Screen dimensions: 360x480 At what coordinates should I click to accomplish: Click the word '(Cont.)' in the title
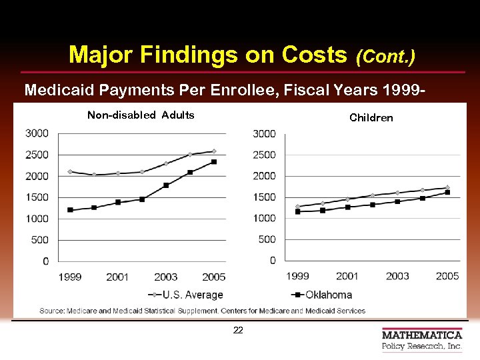[385, 56]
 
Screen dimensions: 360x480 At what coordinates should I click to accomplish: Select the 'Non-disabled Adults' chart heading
[141, 115]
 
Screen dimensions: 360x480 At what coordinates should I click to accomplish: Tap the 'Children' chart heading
[371, 118]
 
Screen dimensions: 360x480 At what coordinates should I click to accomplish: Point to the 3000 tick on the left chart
[37, 133]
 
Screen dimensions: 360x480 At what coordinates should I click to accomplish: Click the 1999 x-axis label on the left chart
[71, 277]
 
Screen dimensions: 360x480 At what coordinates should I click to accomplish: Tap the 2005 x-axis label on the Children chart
[447, 276]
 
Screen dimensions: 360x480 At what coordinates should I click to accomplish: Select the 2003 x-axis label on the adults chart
[166, 277]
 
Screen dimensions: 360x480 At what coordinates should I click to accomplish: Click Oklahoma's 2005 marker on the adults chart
[214, 161]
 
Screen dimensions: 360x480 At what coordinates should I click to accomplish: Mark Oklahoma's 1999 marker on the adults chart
[70, 210]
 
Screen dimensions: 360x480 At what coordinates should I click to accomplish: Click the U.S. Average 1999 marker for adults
[70, 171]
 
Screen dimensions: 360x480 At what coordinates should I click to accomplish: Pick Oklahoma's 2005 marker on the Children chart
[447, 192]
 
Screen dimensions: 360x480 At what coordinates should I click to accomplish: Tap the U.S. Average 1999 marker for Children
[297, 206]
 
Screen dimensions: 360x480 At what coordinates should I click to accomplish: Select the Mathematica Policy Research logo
[421, 340]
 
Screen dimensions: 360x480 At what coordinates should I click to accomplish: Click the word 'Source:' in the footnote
[52, 311]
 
